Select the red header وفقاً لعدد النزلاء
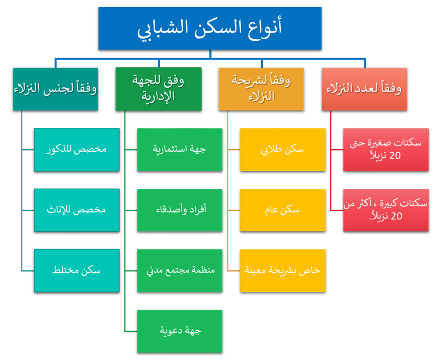(x=364, y=89)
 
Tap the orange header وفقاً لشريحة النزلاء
(x=261, y=89)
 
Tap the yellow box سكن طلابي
(x=282, y=150)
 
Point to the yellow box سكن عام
(x=282, y=210)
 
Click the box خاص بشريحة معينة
(x=282, y=270)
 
